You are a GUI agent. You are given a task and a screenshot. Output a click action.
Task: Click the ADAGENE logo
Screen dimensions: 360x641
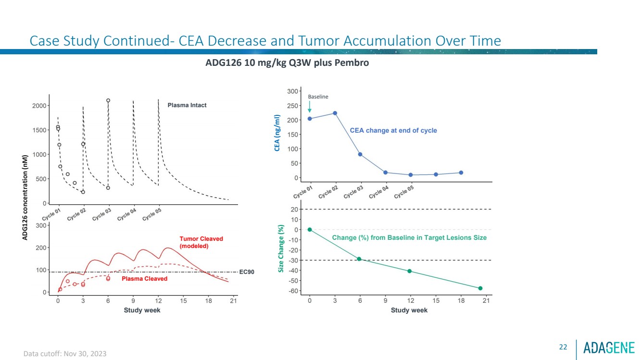click(x=609, y=347)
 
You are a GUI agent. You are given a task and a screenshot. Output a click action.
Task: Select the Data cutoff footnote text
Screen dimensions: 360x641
click(x=65, y=354)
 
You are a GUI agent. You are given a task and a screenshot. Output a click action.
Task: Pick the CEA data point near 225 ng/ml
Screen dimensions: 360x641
click(x=335, y=113)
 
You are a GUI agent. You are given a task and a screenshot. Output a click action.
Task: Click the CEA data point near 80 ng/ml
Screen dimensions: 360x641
click(x=360, y=154)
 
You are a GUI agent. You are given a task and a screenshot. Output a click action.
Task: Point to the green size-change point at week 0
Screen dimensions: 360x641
click(x=310, y=230)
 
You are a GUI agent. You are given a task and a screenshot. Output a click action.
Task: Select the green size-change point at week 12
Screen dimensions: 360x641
click(x=410, y=271)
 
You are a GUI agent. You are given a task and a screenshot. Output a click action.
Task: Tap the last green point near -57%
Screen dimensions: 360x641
click(x=480, y=288)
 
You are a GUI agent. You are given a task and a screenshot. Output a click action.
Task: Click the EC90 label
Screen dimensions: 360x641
click(x=246, y=272)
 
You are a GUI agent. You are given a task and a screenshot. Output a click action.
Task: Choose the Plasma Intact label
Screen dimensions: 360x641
click(x=187, y=105)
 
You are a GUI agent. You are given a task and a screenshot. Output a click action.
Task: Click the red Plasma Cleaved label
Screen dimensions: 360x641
click(x=144, y=279)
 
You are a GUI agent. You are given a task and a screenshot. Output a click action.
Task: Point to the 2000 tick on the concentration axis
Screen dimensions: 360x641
click(x=39, y=106)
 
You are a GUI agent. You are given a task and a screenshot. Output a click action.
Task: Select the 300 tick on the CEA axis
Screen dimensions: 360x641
click(x=291, y=91)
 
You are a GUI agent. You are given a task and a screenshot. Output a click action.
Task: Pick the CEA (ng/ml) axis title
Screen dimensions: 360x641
click(x=277, y=133)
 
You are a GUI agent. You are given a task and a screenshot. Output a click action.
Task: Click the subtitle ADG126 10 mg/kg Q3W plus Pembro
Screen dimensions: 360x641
click(x=287, y=63)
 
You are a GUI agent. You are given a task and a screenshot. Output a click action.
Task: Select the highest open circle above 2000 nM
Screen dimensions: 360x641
click(x=108, y=100)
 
